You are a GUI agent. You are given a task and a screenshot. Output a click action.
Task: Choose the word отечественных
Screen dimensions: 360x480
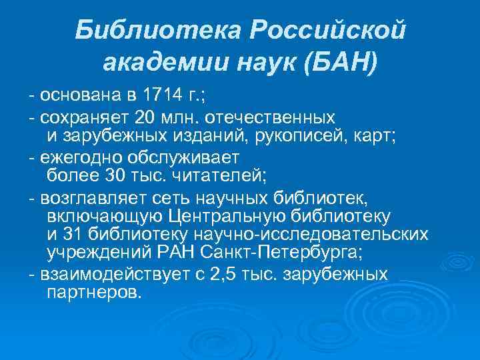[x=273, y=119]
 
